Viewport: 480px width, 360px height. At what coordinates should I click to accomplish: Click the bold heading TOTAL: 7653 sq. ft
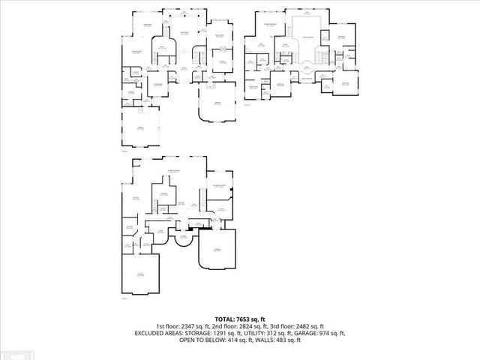click(240, 319)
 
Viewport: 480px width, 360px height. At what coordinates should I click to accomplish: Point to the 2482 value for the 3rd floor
click(309, 325)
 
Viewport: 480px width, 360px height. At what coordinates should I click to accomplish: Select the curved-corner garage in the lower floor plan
click(217, 251)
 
